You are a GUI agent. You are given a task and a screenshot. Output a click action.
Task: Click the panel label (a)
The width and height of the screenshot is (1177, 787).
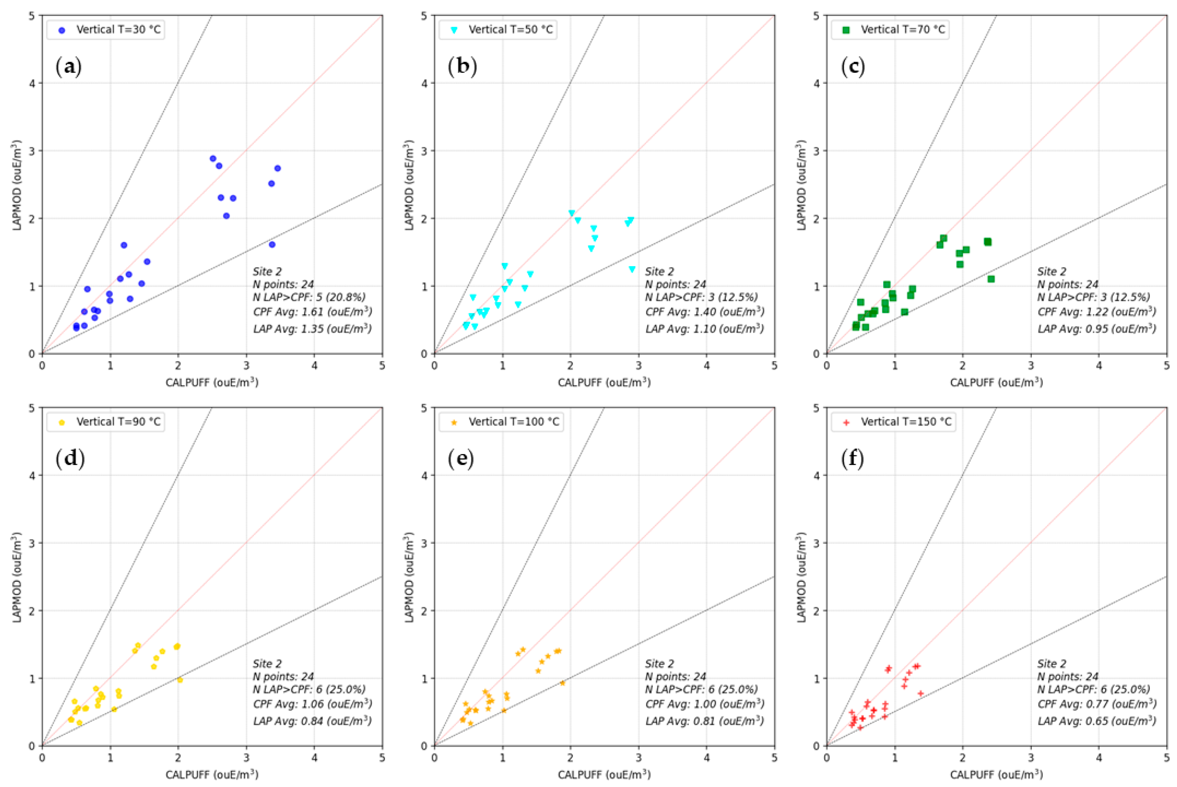pyautogui.click(x=69, y=67)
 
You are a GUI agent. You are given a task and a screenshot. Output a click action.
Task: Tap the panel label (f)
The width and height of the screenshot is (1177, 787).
pyautogui.click(x=853, y=459)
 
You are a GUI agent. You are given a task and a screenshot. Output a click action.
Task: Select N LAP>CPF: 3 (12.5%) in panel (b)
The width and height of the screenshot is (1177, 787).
pyautogui.click(x=701, y=297)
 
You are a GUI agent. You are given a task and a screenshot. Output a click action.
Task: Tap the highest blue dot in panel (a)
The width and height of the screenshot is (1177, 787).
pyautogui.click(x=213, y=159)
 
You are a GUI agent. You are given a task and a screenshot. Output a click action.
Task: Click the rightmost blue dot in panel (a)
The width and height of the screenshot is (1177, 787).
pyautogui.click(x=277, y=168)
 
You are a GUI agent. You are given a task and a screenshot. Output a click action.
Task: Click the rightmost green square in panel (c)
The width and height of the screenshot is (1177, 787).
pyautogui.click(x=991, y=279)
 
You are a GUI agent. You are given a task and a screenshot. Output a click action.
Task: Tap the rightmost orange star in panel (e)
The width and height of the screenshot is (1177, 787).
pyautogui.click(x=562, y=683)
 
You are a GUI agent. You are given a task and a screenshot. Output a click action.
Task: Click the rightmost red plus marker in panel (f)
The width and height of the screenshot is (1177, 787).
pyautogui.click(x=921, y=693)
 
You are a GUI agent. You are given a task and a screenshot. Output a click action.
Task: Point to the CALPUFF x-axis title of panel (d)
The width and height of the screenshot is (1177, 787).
pyautogui.click(x=212, y=774)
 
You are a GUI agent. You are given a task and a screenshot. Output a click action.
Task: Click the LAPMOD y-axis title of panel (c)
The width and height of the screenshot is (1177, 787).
pyautogui.click(x=802, y=185)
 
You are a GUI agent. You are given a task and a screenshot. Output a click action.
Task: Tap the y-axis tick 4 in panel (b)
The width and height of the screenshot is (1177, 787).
pyautogui.click(x=424, y=83)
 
